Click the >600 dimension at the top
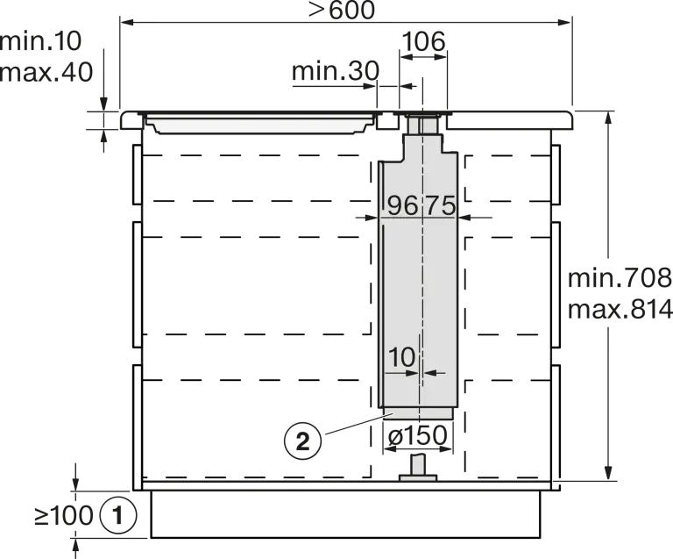pos(341,11)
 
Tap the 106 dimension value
pos(423,41)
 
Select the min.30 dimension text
pos(336,71)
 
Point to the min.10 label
pos(40,41)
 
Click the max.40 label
pos(46,72)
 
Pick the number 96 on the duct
pos(402,206)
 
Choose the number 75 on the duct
pos(441,206)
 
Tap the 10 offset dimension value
pos(401,357)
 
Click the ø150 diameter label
pos(418,435)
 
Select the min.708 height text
pos(620,278)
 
